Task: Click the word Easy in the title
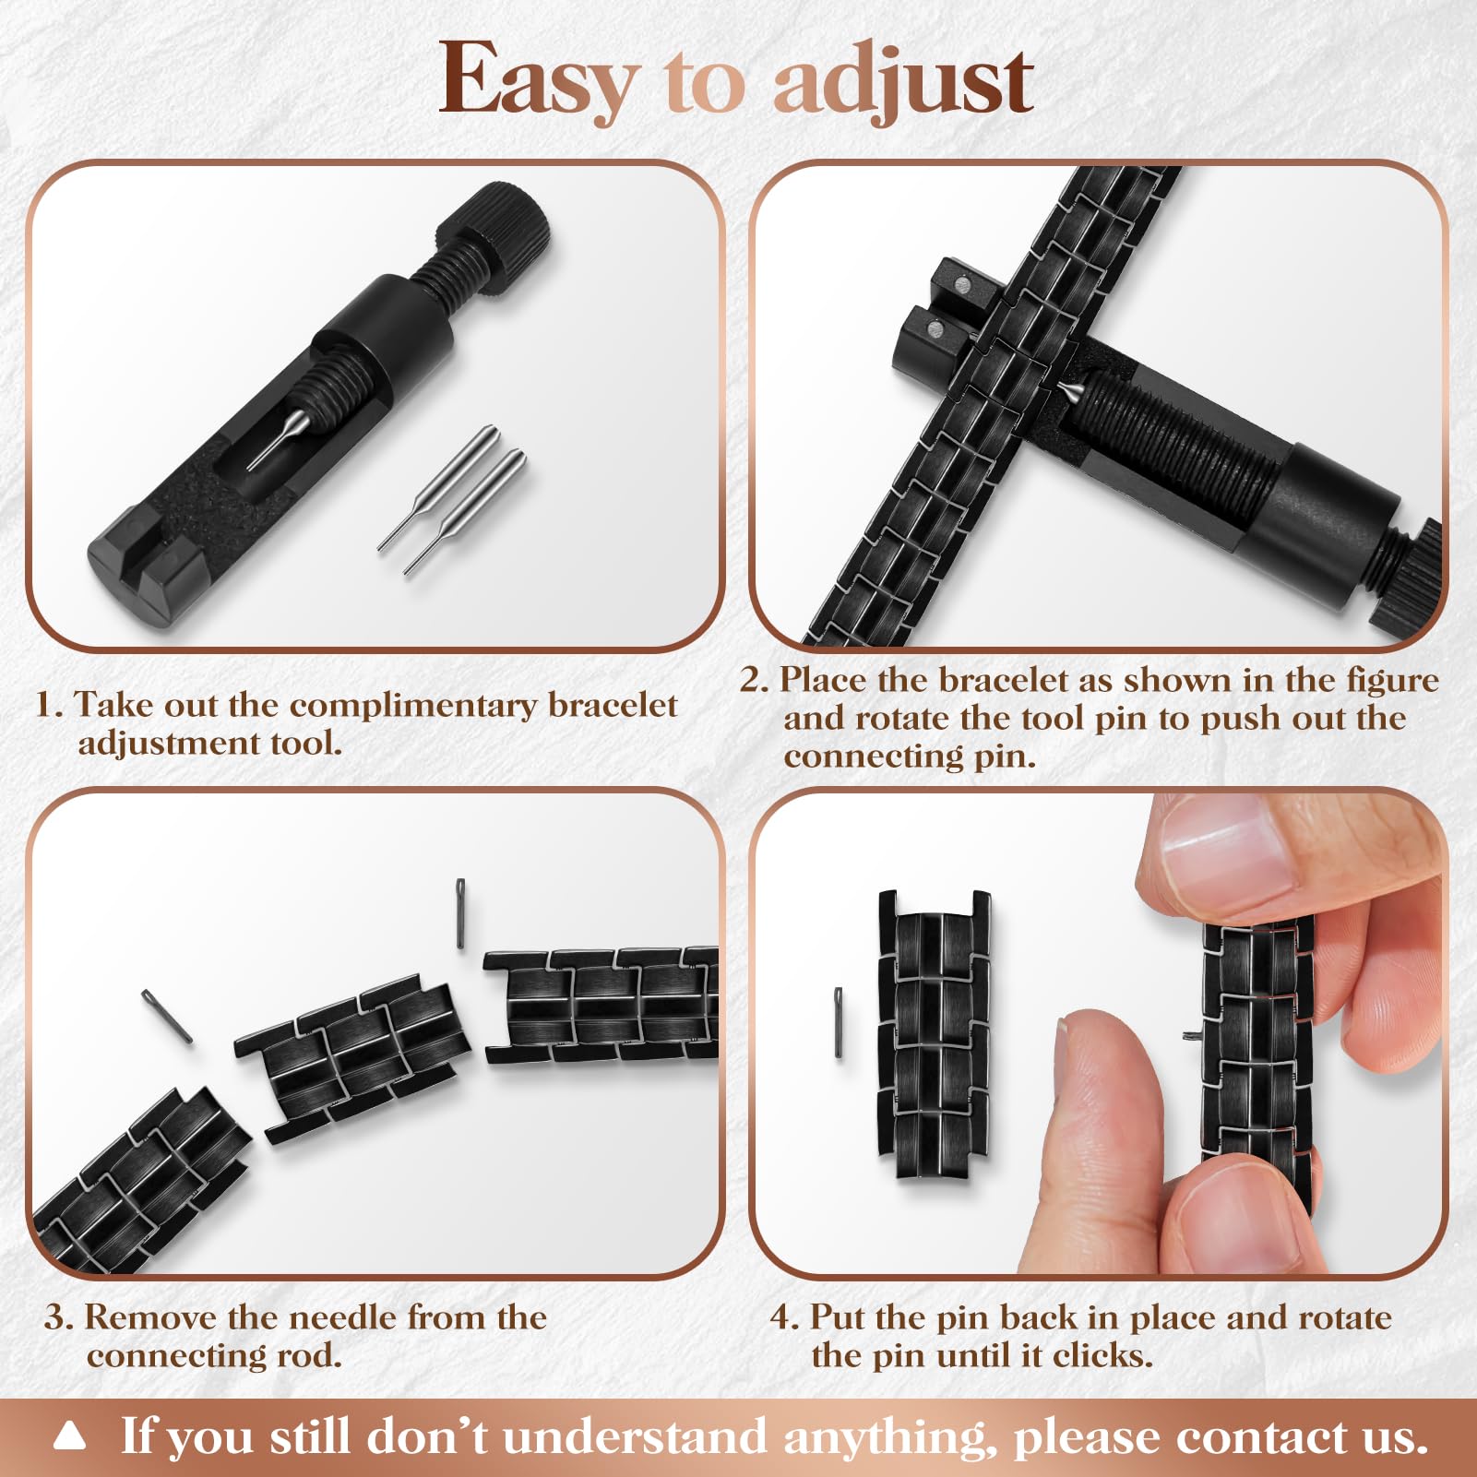(540, 81)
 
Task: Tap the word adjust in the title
(903, 81)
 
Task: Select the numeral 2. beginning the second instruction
(754, 680)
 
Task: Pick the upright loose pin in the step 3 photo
(460, 913)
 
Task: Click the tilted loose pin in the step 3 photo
(167, 1017)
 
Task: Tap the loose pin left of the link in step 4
(839, 1022)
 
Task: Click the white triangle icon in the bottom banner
(69, 1436)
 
